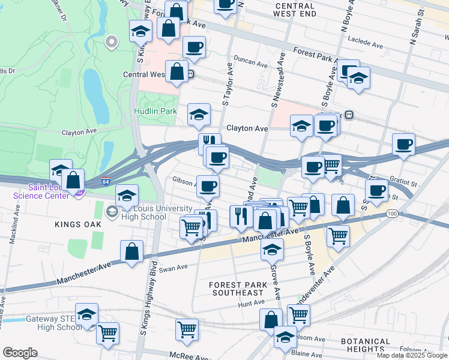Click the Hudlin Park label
[155, 111]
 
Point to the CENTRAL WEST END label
[295, 9]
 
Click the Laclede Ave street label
[366, 45]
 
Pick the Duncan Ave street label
[251, 62]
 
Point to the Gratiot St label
[402, 181]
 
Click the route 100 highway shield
[392, 214]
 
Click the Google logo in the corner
[20, 353]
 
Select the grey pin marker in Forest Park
[111, 42]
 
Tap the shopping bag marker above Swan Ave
[131, 251]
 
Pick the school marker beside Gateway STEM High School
[87, 314]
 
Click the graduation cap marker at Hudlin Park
[199, 114]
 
